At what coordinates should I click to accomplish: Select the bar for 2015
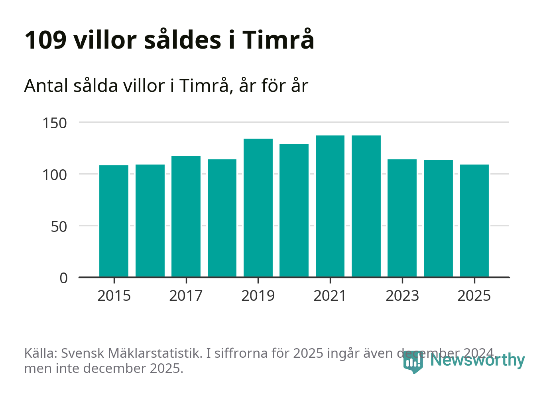(114, 221)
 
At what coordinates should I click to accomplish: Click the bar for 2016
(150, 221)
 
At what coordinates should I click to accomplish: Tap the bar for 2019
(258, 208)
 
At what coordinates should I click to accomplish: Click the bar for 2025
(474, 221)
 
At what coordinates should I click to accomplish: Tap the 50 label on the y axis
(59, 226)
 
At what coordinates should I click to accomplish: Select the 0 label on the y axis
(64, 278)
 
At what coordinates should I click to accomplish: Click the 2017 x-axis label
(186, 296)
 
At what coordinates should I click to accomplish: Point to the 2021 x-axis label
(330, 296)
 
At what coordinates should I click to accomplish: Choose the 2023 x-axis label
(402, 296)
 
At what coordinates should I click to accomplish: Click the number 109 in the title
(45, 40)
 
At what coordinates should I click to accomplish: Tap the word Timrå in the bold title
(278, 40)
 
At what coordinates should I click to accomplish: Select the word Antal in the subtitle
(45, 86)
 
